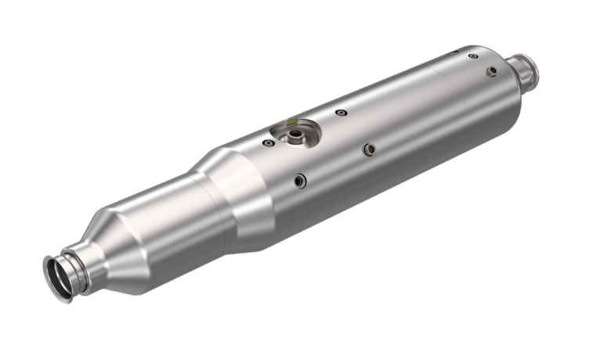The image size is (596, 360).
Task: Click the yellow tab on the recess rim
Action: (292, 124)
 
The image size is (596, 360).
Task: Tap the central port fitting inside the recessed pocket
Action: (297, 137)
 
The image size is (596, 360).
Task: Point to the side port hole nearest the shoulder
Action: (300, 182)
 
